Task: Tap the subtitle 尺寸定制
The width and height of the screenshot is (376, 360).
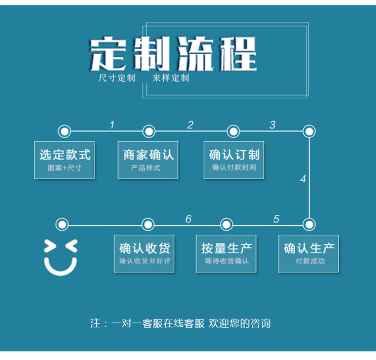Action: coord(117,78)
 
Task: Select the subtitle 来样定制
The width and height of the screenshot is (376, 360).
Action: coord(171,78)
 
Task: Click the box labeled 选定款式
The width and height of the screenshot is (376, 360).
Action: coord(64,160)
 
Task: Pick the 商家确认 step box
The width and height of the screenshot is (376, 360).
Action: coord(148,160)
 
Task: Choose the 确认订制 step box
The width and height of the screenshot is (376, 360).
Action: coord(234,160)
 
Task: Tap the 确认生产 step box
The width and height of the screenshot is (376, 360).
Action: coord(308,253)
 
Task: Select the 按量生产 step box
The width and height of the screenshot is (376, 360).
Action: coord(227,253)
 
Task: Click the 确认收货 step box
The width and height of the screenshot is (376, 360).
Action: coord(144,253)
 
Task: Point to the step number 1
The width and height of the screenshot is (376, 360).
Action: coord(112,125)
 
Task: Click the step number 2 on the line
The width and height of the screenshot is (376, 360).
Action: coord(190,125)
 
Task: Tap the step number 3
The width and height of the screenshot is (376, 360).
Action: coord(272,125)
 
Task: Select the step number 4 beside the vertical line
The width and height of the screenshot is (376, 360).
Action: coord(303,180)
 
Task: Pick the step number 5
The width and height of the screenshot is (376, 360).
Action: coord(276,219)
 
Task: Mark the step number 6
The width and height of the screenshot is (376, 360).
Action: coord(188,219)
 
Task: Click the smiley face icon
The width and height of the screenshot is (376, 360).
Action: coord(60,258)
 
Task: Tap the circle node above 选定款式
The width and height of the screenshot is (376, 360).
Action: coord(64,131)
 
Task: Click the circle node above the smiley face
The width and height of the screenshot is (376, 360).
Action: coord(62,224)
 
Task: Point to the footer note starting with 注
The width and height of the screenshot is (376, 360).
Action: coord(180,323)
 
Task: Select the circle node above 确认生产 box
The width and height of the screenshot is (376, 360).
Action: coord(309,224)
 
